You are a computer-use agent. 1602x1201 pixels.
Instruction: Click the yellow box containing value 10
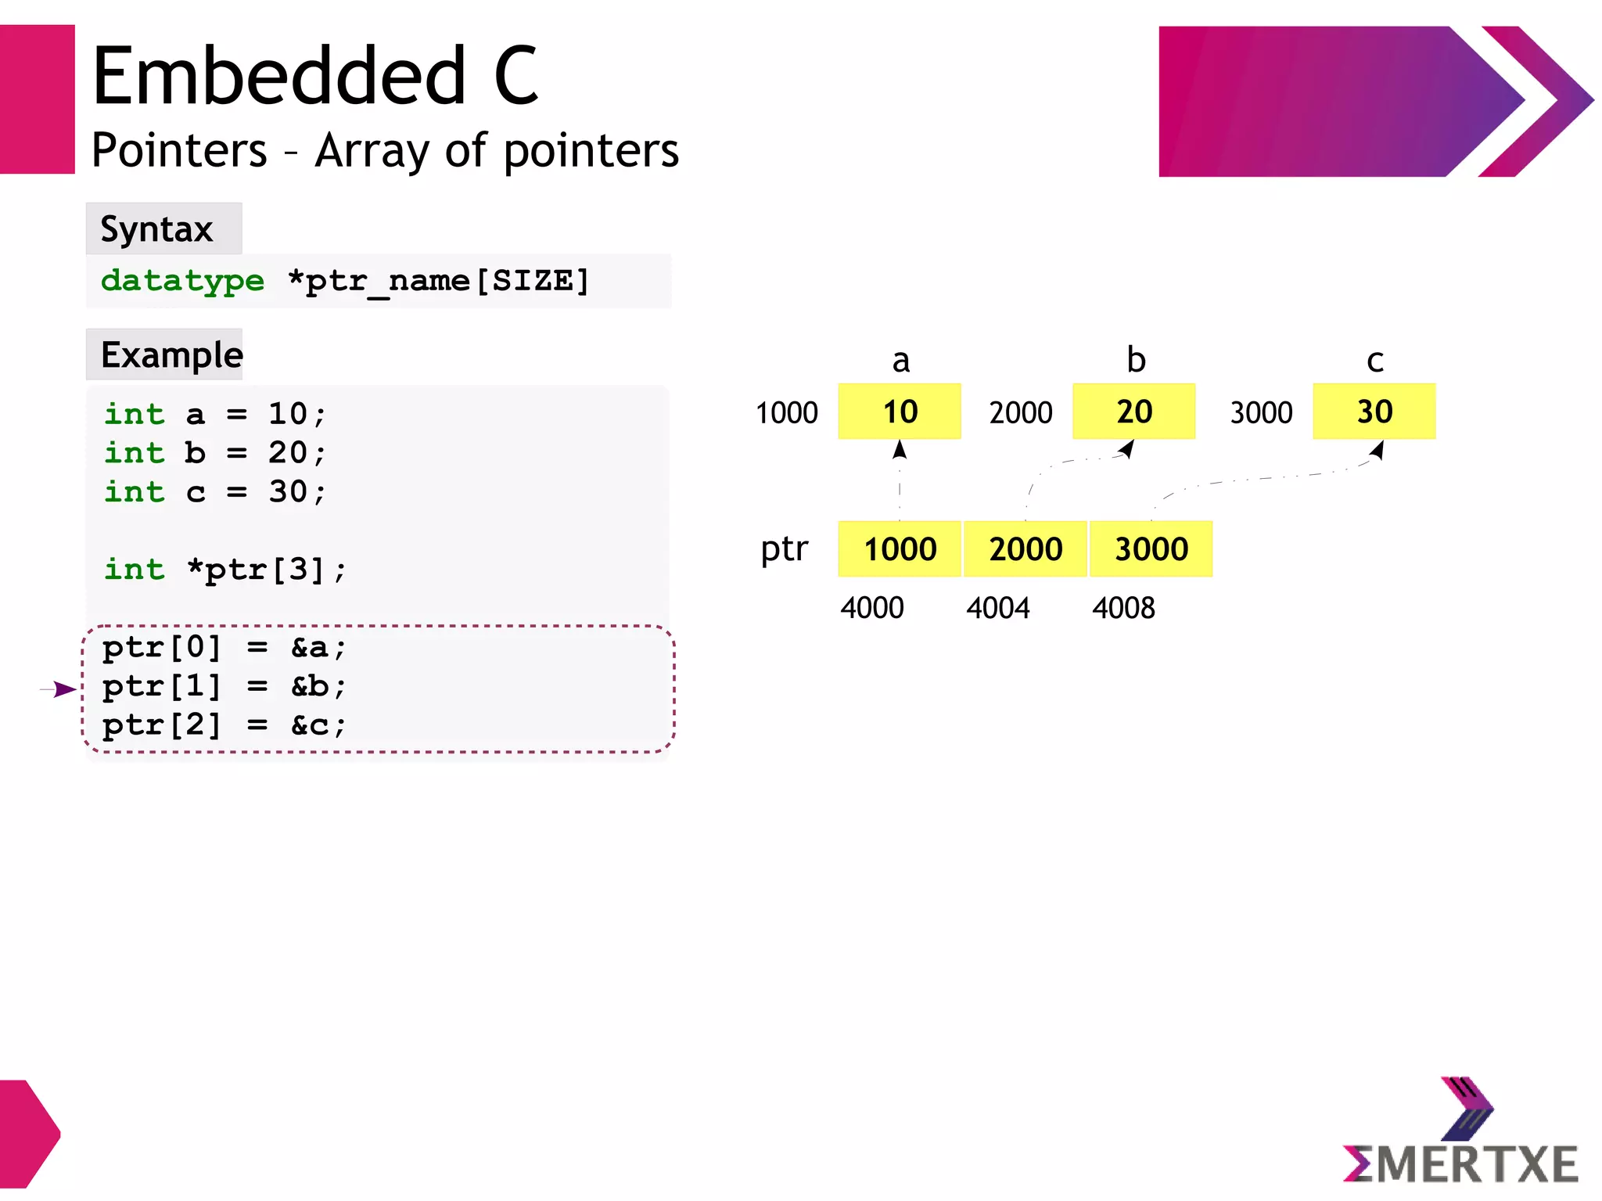(899, 411)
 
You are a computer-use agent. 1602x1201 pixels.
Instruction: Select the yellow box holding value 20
(1133, 411)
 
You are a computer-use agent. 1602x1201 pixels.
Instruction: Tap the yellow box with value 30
(1374, 411)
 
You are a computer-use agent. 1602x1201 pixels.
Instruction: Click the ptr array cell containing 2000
(1025, 548)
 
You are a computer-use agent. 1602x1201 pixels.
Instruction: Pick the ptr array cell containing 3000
(1151, 548)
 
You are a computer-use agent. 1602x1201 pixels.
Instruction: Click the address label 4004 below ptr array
(997, 608)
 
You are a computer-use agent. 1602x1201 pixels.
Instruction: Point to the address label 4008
(1123, 608)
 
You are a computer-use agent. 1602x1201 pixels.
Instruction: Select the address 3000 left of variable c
(1261, 412)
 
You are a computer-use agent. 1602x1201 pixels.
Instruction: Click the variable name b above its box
(1136, 360)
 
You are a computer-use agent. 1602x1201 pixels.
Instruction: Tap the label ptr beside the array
(784, 548)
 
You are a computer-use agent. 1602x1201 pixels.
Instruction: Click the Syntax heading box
(163, 228)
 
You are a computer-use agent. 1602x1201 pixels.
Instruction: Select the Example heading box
(164, 354)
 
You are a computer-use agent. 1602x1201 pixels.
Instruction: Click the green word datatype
(182, 280)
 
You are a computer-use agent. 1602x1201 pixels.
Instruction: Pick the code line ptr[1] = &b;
(224, 686)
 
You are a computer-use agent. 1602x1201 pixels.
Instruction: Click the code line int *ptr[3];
(225, 569)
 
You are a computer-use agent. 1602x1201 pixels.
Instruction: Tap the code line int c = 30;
(215, 491)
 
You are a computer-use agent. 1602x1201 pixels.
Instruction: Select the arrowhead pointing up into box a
(900, 449)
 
